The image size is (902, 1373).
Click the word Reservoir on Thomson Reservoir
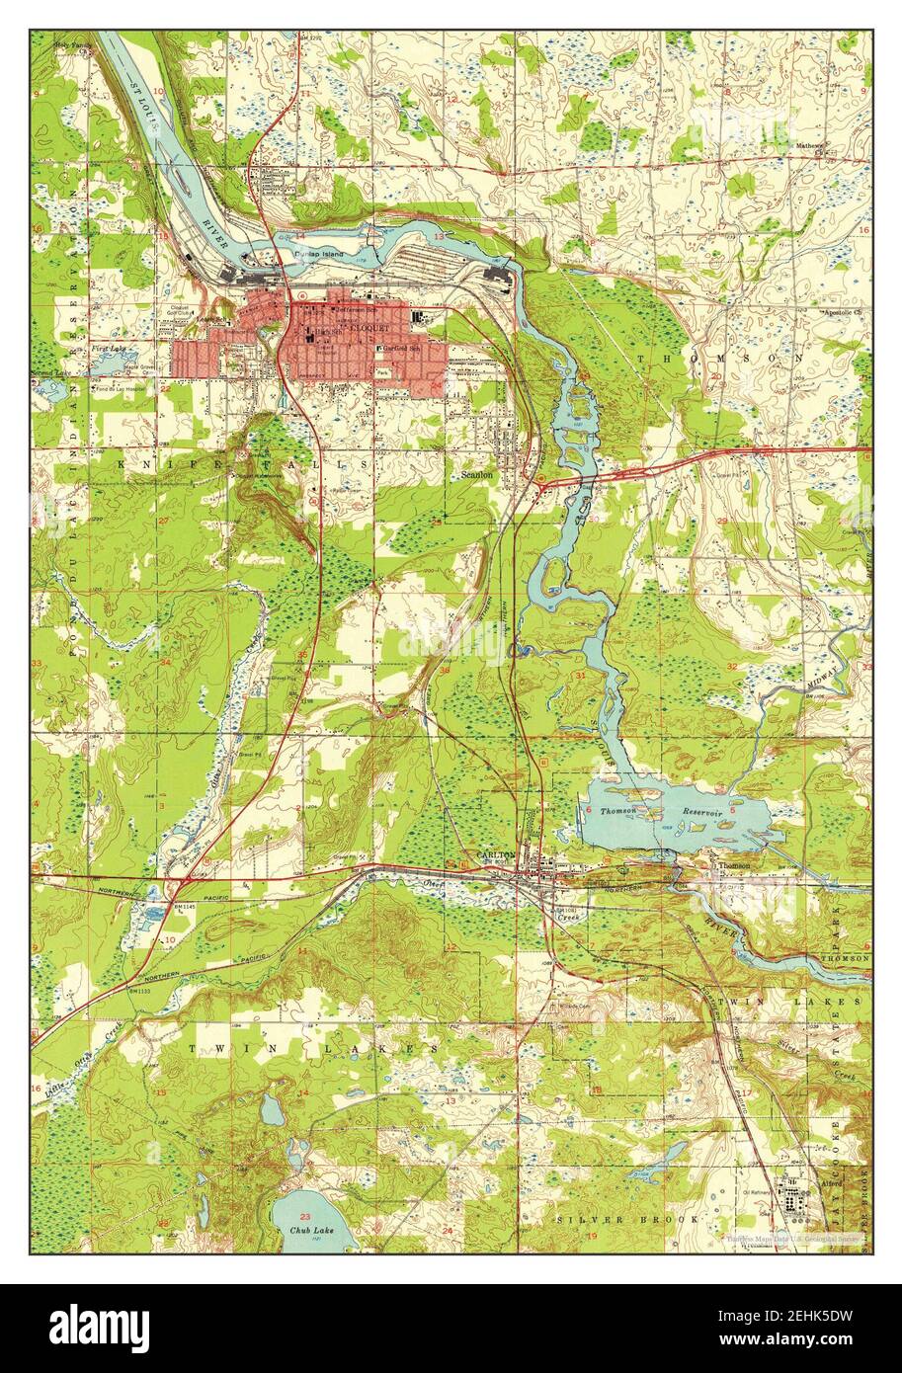[x=702, y=811]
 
